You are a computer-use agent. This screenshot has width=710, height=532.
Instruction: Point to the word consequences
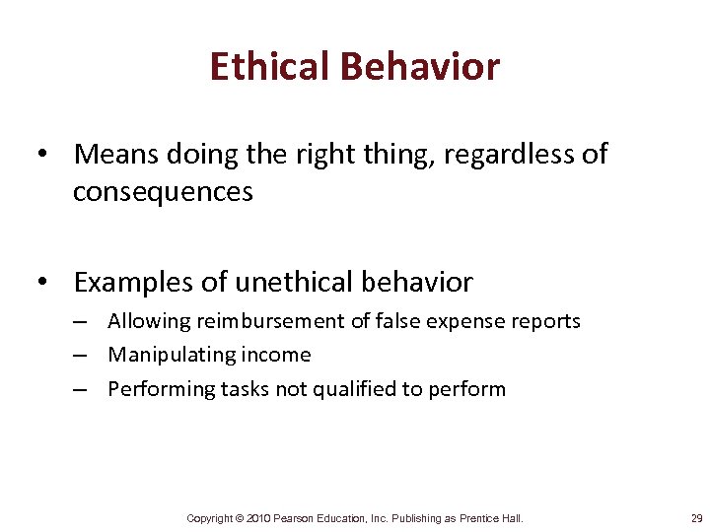tap(163, 192)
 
